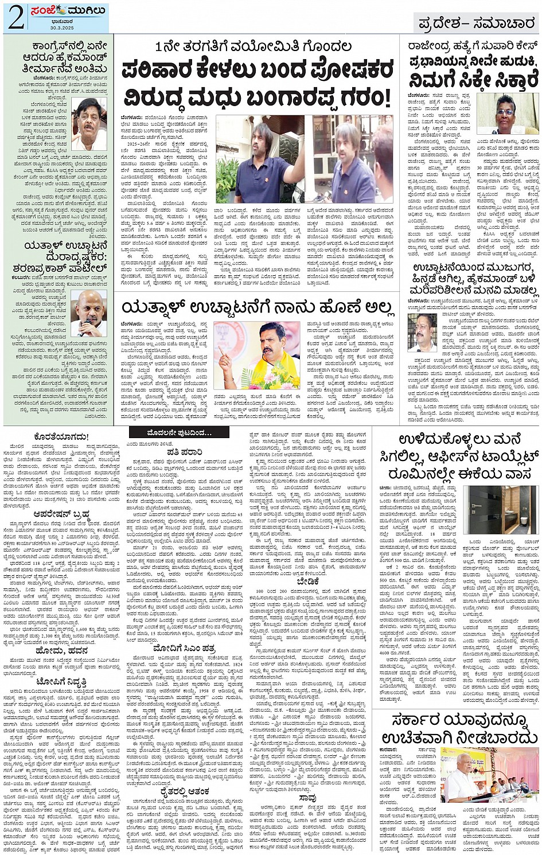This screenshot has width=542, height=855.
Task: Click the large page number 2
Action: click(15, 18)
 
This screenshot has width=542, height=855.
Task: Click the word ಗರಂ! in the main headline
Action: click(361, 97)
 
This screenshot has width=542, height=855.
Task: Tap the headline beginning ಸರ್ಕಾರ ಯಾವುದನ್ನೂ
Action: click(457, 728)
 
